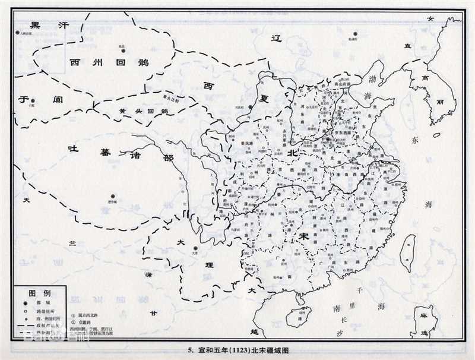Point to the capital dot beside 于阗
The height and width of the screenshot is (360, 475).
(33, 101)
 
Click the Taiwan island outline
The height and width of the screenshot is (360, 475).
(408, 249)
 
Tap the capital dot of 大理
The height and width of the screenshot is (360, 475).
(194, 249)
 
